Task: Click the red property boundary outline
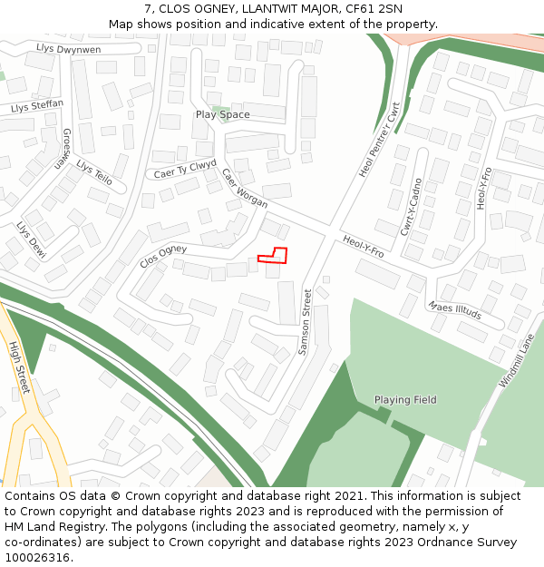[273, 255]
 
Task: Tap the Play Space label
[222, 115]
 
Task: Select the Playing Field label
[405, 399]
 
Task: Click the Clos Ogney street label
[163, 257]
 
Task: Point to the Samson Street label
[306, 321]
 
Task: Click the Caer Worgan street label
[245, 189]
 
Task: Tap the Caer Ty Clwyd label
[185, 170]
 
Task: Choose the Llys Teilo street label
[94, 172]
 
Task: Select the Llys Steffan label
[37, 107]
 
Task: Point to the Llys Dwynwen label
[69, 48]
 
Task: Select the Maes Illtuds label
[455, 311]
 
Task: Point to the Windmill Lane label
[516, 359]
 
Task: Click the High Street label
[19, 367]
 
